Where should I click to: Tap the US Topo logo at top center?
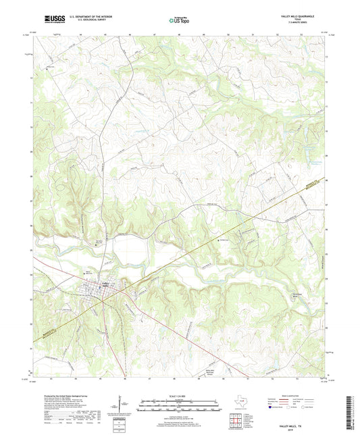[179, 20]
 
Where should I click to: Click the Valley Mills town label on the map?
[105, 283]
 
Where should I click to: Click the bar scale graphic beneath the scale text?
[178, 405]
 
